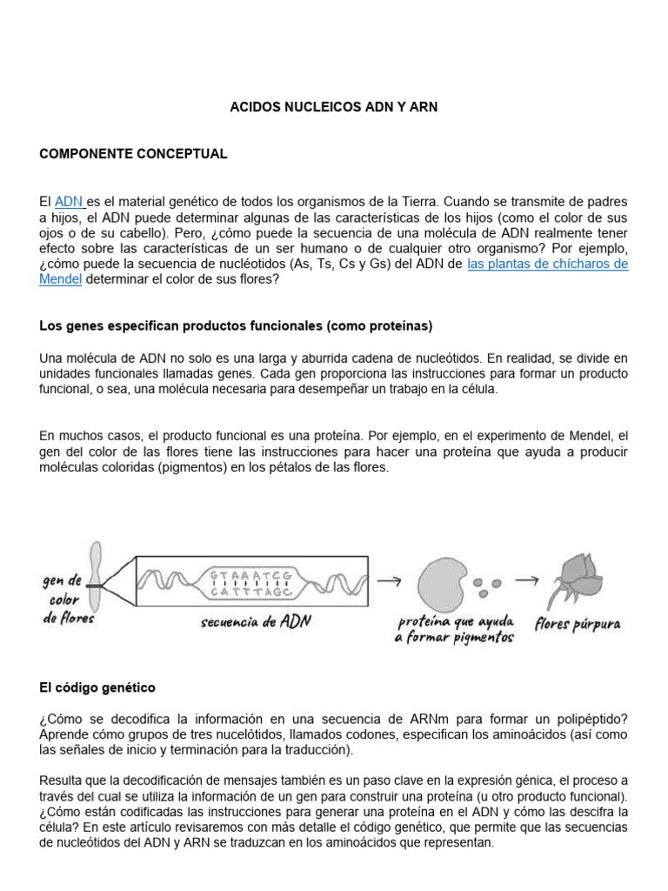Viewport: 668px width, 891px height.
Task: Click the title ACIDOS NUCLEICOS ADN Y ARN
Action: point(333,107)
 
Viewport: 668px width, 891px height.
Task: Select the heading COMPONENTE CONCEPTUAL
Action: point(133,154)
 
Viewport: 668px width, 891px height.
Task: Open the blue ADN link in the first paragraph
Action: point(69,202)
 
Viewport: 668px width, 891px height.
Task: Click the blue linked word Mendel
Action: point(61,279)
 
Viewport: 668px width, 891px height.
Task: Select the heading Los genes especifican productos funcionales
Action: point(236,326)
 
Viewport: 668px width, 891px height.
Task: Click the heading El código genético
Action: point(97,687)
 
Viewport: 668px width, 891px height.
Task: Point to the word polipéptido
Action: point(585,719)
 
